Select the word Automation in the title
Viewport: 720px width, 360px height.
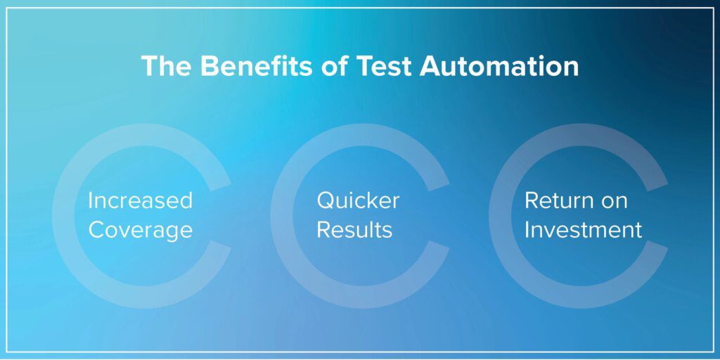499,66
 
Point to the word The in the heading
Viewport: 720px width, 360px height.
166,66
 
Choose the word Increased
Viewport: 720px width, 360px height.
141,200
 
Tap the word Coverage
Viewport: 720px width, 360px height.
141,230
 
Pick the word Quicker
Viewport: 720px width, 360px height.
358,200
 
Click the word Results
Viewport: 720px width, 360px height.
355,230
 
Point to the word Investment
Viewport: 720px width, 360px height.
583,230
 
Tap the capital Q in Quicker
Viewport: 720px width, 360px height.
326,201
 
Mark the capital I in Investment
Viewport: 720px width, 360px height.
527,230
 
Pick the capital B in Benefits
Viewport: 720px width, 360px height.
209,67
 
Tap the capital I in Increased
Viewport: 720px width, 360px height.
90,200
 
